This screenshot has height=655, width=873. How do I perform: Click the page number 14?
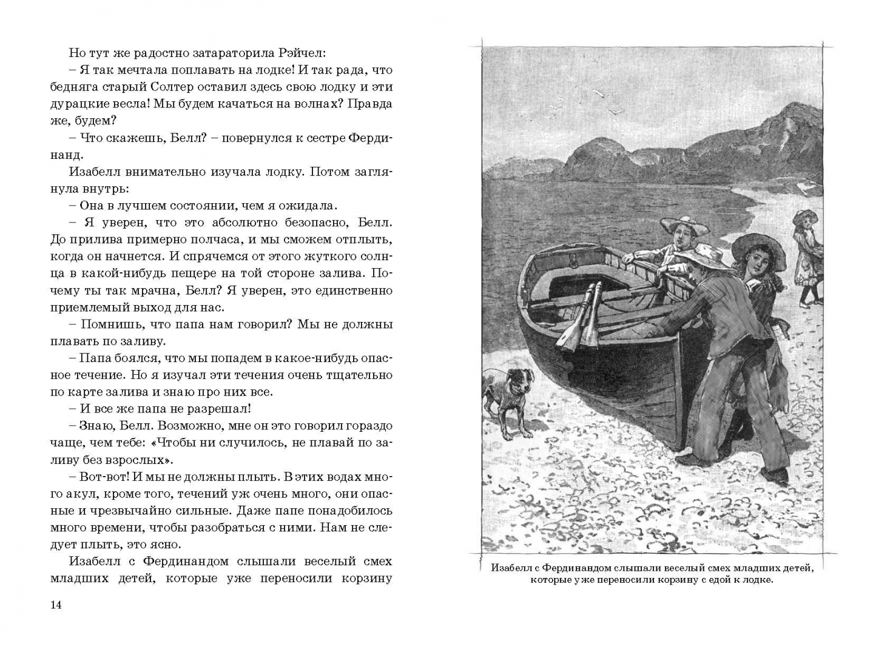(56, 605)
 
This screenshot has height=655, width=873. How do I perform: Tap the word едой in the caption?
(710, 580)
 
